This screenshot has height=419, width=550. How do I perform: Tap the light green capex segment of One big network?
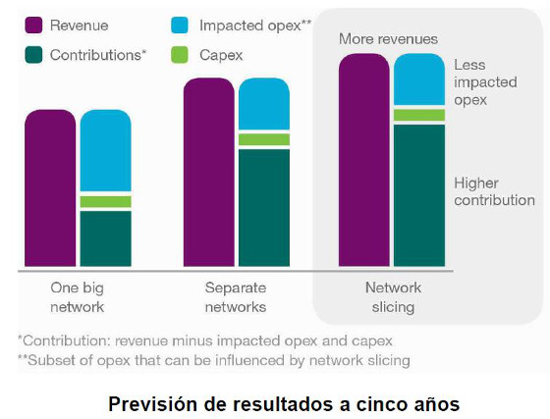point(105,202)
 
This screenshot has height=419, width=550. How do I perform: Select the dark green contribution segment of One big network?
point(105,238)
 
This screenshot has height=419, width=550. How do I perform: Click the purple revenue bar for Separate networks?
point(208,173)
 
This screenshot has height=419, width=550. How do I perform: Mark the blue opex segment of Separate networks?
point(263,103)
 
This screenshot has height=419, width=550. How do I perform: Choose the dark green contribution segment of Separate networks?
point(263,207)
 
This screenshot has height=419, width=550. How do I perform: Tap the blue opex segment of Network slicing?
point(419,79)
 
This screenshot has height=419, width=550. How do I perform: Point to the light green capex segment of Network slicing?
point(419,115)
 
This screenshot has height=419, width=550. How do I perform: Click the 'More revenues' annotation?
point(388,38)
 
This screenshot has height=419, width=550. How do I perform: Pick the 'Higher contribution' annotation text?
point(494,191)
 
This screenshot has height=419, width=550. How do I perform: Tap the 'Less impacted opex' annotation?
point(484,82)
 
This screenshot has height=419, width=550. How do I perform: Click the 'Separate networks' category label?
point(236,296)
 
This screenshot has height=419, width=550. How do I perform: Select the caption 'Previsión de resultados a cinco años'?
point(284,403)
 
